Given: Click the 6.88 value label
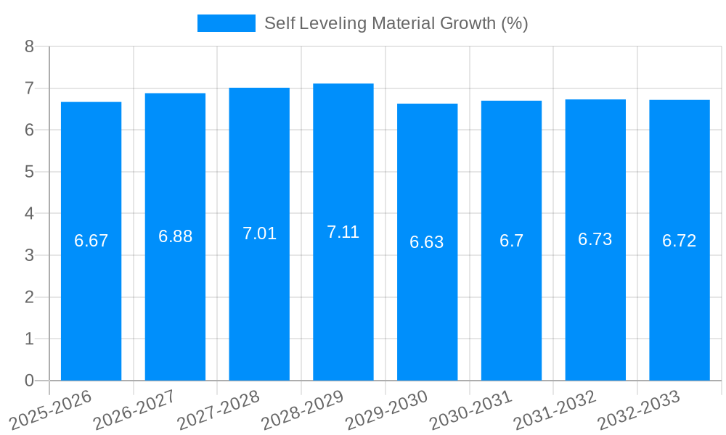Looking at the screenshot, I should point(175,236).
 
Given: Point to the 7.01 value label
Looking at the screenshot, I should point(259,233).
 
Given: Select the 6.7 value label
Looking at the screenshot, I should point(511,241).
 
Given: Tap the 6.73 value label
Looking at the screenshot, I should point(595,239).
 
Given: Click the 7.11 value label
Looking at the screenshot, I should point(343,232).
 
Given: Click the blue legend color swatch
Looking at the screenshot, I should point(226,23).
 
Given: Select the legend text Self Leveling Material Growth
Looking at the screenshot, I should point(396,23).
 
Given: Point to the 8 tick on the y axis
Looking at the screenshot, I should point(29,46).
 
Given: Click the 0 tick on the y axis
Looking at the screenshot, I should point(29,381).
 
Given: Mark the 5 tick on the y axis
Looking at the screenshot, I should point(29,172).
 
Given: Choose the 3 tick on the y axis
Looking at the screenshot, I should point(29,255).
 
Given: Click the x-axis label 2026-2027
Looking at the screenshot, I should point(134,410).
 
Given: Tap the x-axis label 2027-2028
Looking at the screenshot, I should point(219,410).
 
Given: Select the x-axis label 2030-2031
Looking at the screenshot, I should point(470,410).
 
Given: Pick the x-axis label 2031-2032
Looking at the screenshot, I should point(554,410).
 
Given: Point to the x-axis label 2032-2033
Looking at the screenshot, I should point(638,410).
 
